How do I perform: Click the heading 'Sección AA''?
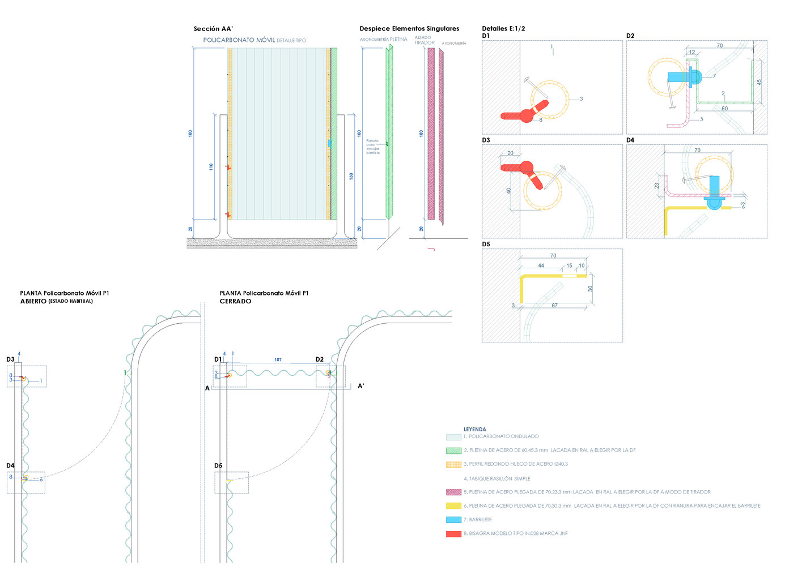coord(213,29)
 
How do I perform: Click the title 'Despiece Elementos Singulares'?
coord(409,29)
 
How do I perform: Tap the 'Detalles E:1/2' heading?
coord(503,29)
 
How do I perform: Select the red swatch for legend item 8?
coord(453,534)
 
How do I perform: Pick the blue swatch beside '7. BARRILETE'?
coord(453,520)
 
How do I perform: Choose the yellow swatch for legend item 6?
coord(453,506)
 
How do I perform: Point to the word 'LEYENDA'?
coord(475,430)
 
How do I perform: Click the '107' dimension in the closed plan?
coord(278,360)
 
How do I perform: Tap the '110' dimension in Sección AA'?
coord(211,167)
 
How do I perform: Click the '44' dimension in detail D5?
coord(541,265)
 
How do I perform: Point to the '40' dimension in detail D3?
coord(509,191)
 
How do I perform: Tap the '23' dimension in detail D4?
coord(657,186)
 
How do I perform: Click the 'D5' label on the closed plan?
coord(218,466)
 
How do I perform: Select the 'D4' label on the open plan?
coord(10,466)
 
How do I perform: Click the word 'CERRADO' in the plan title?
coord(235,302)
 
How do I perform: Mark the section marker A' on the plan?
coord(361,386)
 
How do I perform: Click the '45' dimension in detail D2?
coord(759,82)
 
